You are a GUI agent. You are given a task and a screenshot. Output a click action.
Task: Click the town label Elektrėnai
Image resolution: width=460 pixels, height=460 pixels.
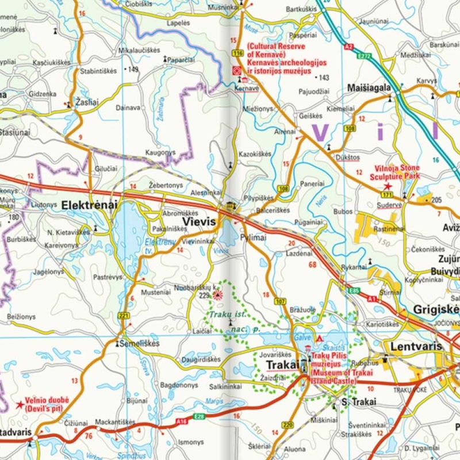tap(89, 204)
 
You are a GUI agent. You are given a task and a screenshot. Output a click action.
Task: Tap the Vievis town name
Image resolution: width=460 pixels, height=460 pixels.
tap(198, 221)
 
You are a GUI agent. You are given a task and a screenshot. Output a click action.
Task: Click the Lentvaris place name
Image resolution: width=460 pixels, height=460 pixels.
tap(415, 347)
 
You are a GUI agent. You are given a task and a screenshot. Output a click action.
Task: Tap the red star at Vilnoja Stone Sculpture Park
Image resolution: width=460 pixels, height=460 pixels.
tap(388, 186)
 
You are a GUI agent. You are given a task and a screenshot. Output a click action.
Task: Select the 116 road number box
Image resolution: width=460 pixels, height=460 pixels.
tap(238, 53)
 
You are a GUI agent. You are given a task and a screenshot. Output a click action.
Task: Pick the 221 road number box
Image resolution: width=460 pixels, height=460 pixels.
tap(124, 316)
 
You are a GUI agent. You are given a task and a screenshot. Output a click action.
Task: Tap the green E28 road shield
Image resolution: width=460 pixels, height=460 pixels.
tap(200, 416)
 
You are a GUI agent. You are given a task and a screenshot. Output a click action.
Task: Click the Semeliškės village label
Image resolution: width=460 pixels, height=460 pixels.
tap(140, 343)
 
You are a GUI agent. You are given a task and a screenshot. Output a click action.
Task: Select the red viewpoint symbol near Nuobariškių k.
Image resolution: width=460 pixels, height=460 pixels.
tap(218, 296)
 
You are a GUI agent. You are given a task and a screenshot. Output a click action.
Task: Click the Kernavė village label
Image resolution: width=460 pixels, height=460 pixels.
tap(247, 89)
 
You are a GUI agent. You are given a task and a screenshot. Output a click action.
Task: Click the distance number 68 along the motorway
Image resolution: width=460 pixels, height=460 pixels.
tap(312, 264)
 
